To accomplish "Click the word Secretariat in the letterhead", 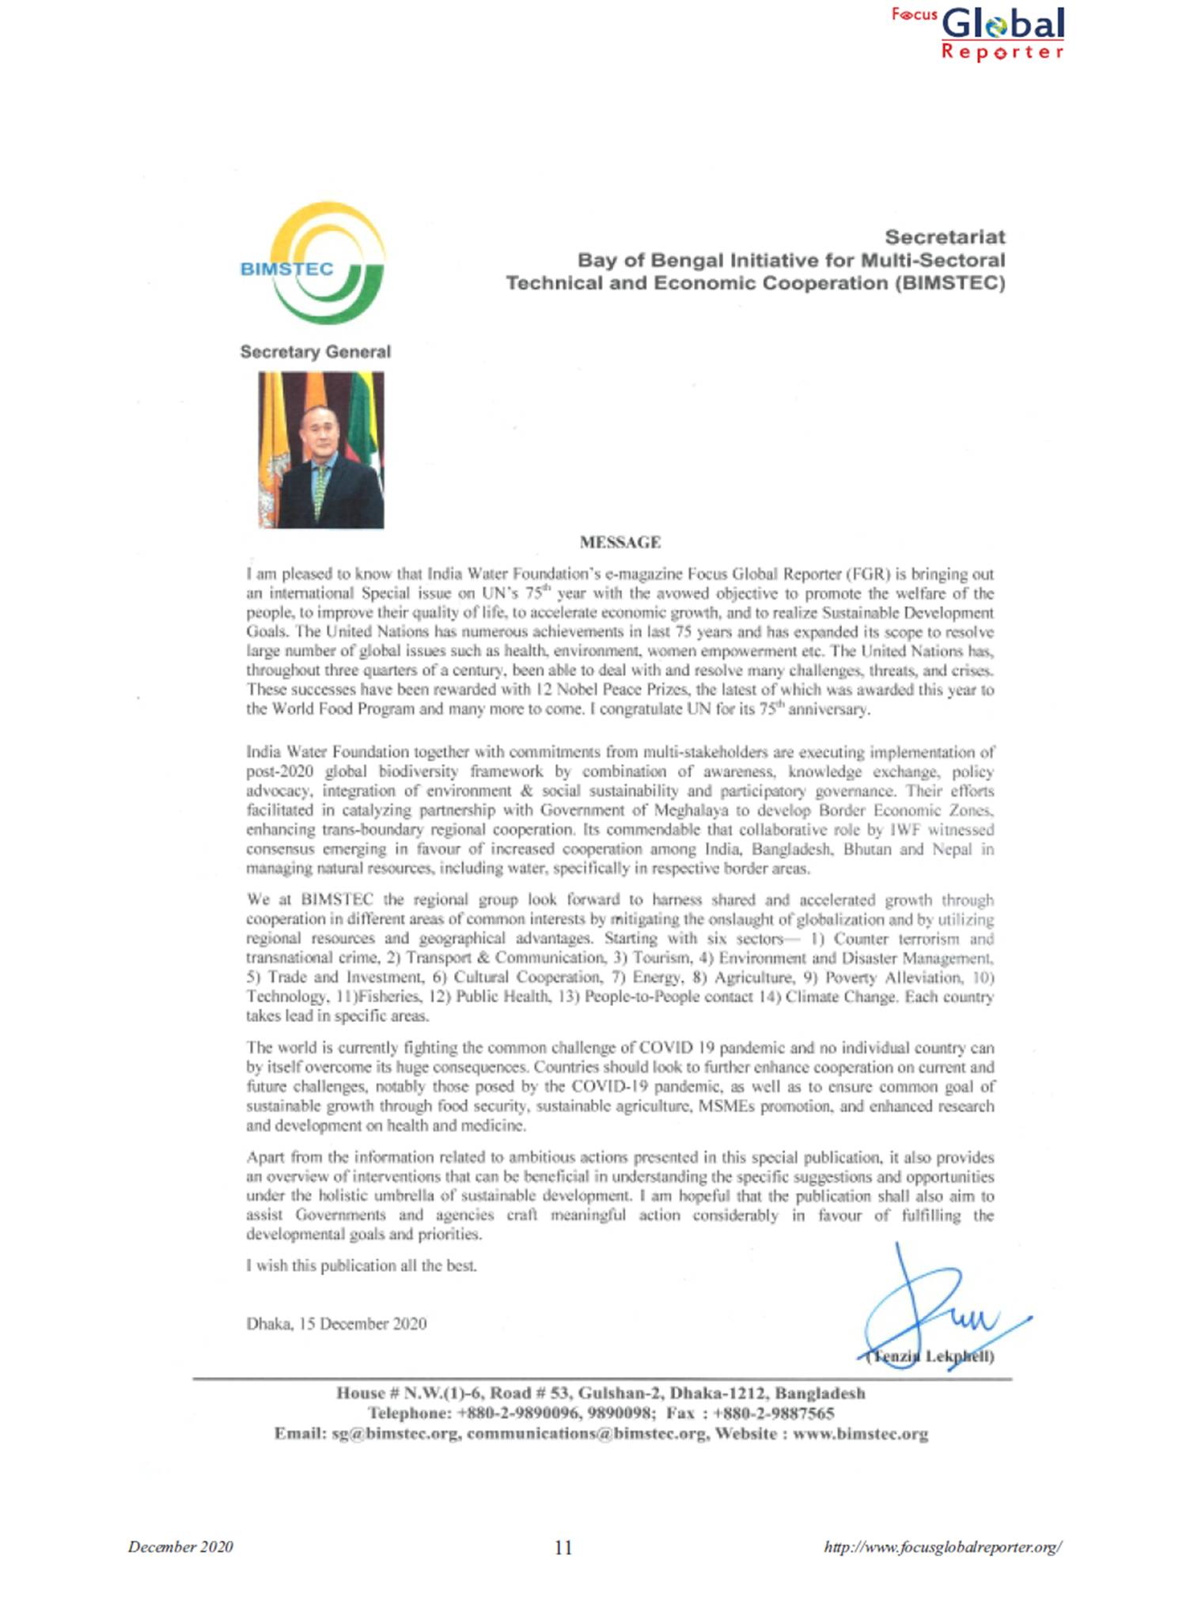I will [x=944, y=236].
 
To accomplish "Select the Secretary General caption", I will [x=315, y=352].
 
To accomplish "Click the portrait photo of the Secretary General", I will [x=320, y=449].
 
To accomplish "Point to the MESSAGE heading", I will [x=620, y=543].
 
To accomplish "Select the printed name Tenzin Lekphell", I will [x=930, y=1356].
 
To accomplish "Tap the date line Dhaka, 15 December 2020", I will [x=336, y=1324].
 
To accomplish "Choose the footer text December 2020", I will [x=180, y=1547].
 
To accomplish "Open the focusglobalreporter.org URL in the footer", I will [x=942, y=1547].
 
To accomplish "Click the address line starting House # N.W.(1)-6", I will [x=600, y=1394].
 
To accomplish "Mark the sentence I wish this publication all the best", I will [x=362, y=1265].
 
